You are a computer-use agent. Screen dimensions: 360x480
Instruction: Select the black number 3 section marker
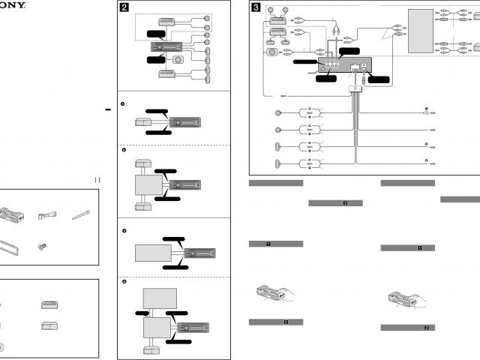256,8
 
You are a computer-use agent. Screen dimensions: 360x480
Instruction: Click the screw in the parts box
42,244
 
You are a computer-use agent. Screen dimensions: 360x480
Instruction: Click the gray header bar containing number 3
335,203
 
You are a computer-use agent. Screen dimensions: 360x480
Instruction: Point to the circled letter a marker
123,103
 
